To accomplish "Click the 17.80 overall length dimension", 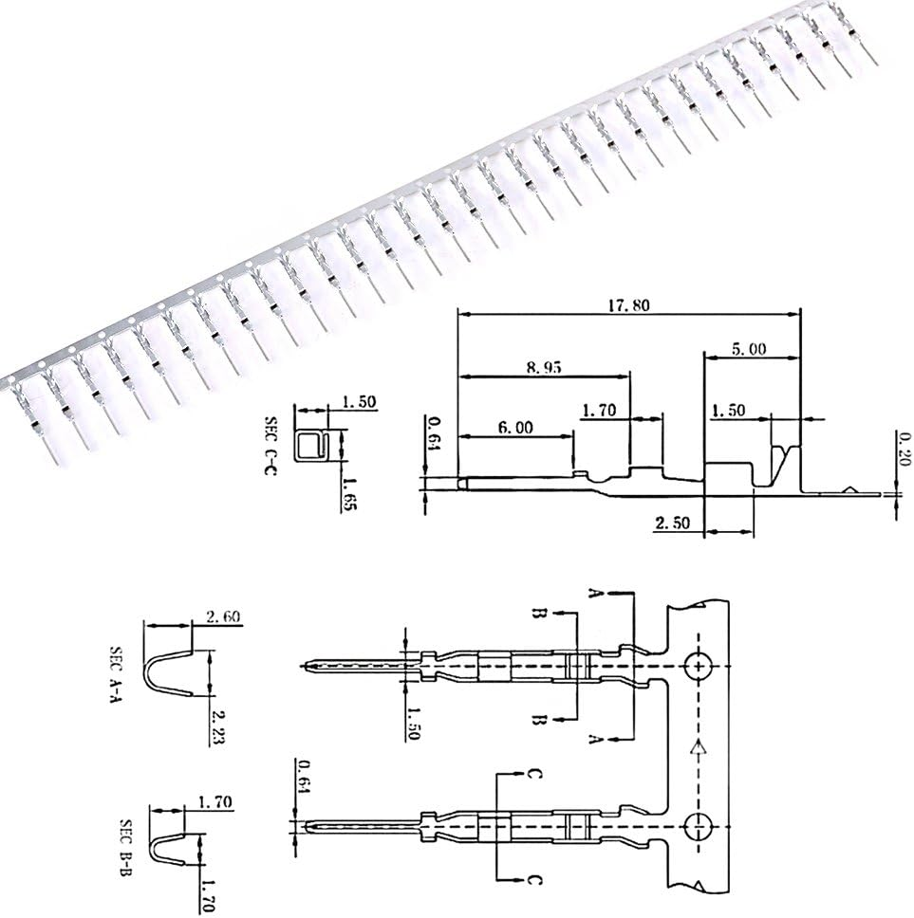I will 627,305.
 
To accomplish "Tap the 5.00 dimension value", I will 749,348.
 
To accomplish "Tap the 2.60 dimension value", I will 221,616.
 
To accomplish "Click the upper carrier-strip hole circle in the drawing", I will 699,667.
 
